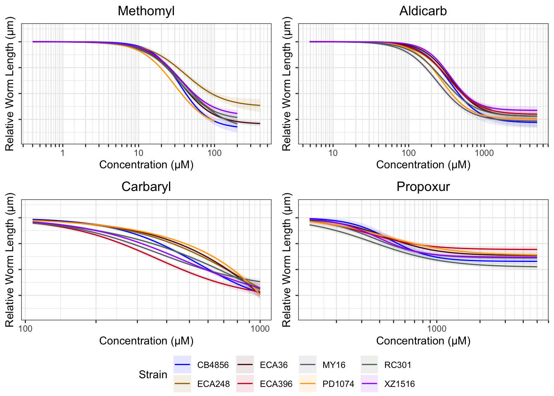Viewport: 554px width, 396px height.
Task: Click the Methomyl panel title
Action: pos(146,11)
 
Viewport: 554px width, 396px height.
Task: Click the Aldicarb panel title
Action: pos(423,11)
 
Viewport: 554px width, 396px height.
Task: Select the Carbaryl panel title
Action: pos(146,187)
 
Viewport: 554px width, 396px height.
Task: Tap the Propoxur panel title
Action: pos(423,187)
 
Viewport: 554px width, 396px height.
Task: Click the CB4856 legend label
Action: pos(213,365)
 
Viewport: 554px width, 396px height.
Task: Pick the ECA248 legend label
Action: pos(213,384)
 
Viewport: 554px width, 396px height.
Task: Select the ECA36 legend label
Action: pos(274,365)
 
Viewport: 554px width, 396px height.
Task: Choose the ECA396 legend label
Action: pos(276,384)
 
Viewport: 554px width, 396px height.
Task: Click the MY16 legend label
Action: pos(334,365)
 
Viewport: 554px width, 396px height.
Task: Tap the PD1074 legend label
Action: pos(338,384)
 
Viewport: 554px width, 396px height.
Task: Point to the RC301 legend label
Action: pos(397,365)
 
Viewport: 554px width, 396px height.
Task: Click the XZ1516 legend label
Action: pos(399,384)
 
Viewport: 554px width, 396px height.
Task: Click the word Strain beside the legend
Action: pos(153,375)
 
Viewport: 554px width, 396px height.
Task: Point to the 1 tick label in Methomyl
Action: pos(63,153)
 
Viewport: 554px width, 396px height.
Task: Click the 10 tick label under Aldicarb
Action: pos(333,153)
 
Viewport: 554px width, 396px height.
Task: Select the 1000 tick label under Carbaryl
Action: pos(260,329)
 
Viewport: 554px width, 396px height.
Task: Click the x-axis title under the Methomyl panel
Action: pos(146,165)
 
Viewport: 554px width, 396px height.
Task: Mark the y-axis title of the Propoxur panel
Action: pos(287,260)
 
